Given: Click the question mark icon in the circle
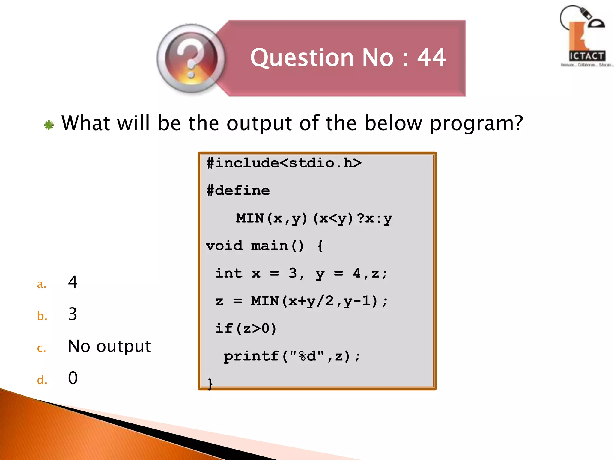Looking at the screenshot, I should point(191,59).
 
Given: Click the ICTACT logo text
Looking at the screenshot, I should point(587,56).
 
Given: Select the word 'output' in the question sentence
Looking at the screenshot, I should point(259,123).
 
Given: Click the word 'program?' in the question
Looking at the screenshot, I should point(476,123).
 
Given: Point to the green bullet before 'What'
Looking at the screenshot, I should point(49,125).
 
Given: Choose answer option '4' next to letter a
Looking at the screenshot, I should point(73,282).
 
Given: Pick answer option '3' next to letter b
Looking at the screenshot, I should point(73,314).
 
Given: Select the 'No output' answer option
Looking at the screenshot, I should point(109,346).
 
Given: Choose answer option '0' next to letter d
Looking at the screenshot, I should point(73,378).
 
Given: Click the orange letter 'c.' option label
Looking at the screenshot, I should point(42,348).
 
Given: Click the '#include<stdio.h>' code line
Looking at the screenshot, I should point(284,163).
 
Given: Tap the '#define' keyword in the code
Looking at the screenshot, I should point(238,191).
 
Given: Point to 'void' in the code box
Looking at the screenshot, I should point(224,246).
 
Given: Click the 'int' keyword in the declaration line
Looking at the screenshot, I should point(229,273).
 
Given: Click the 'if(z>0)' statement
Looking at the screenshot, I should point(246,329).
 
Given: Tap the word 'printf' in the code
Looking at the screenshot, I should point(251,356).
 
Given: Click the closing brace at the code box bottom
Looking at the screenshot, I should point(210,383).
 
